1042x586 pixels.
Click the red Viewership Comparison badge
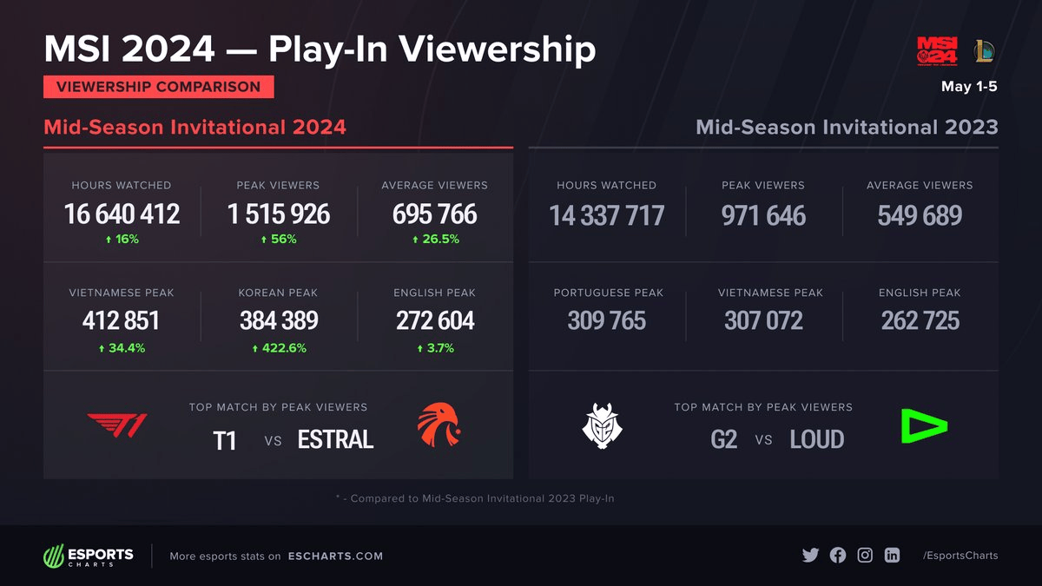[158, 87]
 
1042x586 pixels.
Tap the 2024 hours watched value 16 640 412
[122, 214]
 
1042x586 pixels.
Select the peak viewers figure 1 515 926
[279, 214]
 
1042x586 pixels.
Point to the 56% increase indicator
[279, 239]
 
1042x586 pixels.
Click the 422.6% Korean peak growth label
[279, 348]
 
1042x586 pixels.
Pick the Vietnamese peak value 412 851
[122, 321]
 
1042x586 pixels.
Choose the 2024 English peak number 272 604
[435, 321]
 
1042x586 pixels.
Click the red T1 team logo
[117, 425]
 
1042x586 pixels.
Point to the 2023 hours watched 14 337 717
[606, 215]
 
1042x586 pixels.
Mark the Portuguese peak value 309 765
[606, 321]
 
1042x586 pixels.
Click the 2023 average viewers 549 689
[920, 215]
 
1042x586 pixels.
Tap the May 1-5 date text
[969, 87]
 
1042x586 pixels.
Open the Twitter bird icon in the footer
[810, 556]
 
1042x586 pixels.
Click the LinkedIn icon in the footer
[892, 556]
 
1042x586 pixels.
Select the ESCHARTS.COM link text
[335, 556]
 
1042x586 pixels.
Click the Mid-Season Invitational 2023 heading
[847, 128]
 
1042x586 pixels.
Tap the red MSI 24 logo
[938, 50]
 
